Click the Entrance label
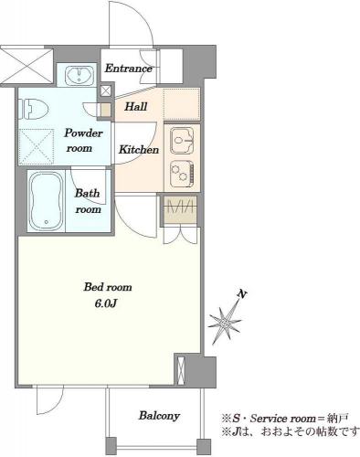click(128, 69)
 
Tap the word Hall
click(136, 107)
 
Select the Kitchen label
click(139, 150)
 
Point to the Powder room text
click(83, 141)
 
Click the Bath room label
click(88, 201)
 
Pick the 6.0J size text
click(106, 303)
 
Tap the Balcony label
click(159, 416)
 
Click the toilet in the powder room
click(36, 109)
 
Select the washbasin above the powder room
click(79, 75)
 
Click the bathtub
click(47, 201)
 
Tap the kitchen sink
click(182, 141)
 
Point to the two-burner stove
click(182, 174)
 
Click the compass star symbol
click(226, 322)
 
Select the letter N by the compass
click(242, 294)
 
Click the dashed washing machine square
click(37, 147)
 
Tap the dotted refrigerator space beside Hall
click(182, 104)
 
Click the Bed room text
click(108, 287)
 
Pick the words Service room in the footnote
click(282, 419)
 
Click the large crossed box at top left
click(26, 66)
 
